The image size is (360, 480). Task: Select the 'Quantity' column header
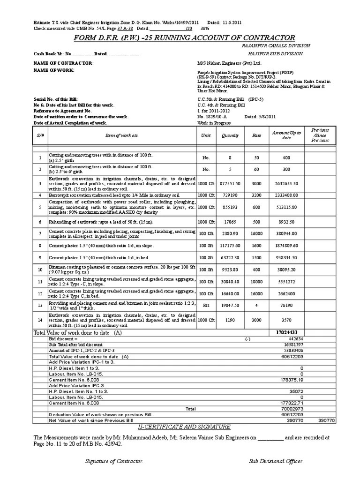pos(231,135)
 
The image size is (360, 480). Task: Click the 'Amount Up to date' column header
pos(286,135)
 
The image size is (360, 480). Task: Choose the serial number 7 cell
pos(40,233)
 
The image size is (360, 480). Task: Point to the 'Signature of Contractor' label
pos(114,461)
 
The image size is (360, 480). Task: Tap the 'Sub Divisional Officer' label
pos(275,461)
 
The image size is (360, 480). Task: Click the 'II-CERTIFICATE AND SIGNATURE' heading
pos(178,427)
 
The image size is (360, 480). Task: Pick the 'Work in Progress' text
pos(214,123)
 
